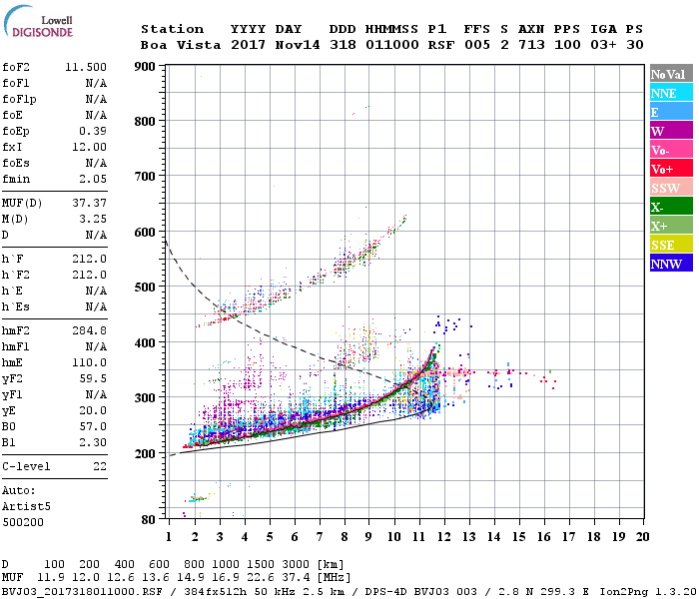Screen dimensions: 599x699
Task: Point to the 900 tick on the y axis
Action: click(147, 68)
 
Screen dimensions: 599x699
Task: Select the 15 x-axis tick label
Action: click(518, 536)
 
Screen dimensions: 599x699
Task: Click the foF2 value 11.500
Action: click(86, 66)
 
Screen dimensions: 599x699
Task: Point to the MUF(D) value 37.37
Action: click(90, 204)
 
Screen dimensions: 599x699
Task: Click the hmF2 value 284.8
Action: click(90, 329)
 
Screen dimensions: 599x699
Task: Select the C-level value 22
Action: click(98, 466)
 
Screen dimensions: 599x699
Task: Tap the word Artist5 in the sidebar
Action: click(26, 506)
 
